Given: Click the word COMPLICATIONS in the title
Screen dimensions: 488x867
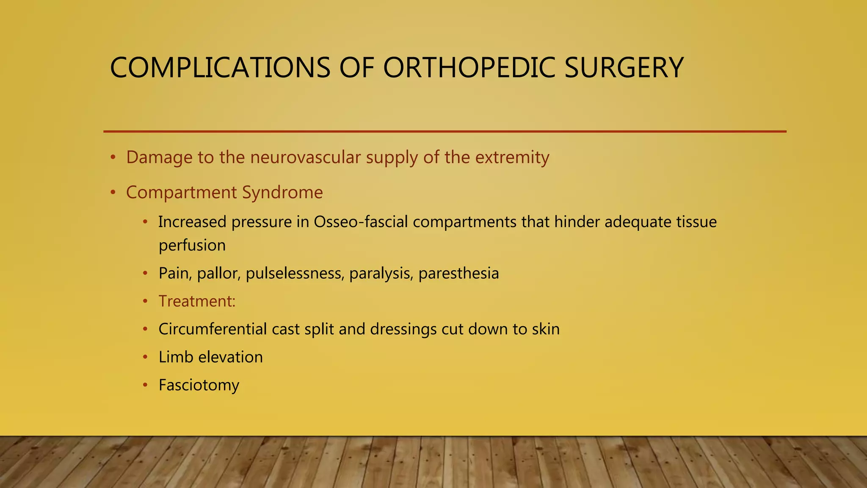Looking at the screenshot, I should [220, 68].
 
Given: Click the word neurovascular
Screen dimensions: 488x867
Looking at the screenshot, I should [305, 158].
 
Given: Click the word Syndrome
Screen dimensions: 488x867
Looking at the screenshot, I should [282, 193].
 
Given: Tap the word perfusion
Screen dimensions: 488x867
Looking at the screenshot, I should [192, 246].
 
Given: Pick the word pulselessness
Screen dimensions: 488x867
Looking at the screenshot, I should [295, 274].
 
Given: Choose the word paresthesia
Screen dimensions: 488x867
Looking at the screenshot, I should [458, 274].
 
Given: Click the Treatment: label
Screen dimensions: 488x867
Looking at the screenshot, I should [197, 301].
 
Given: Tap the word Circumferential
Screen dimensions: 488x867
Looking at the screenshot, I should [212, 329].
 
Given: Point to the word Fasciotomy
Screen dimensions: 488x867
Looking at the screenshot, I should [199, 385].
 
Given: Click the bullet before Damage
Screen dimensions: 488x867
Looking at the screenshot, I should [113, 158].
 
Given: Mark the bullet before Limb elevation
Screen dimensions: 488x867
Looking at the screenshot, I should [145, 358].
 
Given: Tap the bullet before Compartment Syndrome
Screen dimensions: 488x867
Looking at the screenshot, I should [113, 193].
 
